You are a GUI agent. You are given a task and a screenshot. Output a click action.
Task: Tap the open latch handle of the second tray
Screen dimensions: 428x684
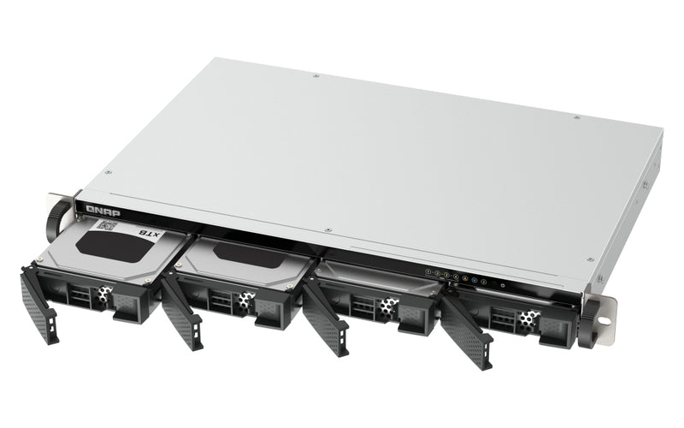coord(180,312)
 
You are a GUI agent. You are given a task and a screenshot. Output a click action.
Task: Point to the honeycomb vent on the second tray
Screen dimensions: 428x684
coord(246,299)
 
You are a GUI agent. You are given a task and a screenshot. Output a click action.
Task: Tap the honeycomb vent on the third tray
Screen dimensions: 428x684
coord(389,306)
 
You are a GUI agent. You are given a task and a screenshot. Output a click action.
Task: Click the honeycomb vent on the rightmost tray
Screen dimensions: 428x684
coord(528,319)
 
